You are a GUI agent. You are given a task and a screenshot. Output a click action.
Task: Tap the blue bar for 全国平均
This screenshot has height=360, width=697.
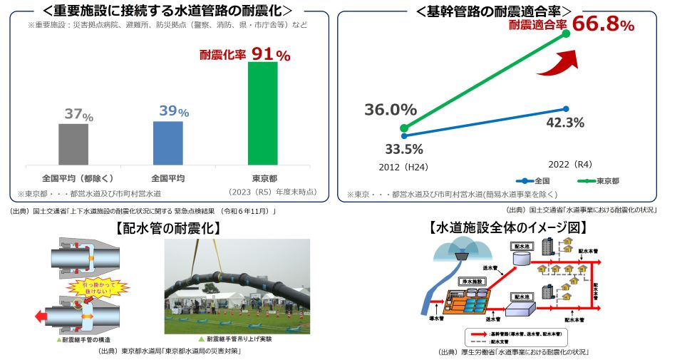[x=167, y=143]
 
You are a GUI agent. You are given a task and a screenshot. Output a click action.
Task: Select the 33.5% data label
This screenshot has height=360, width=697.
[x=403, y=149]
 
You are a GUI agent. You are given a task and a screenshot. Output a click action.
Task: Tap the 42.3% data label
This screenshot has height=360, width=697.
[x=564, y=123]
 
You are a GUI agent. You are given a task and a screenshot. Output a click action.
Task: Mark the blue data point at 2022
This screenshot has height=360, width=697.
[x=565, y=108]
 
